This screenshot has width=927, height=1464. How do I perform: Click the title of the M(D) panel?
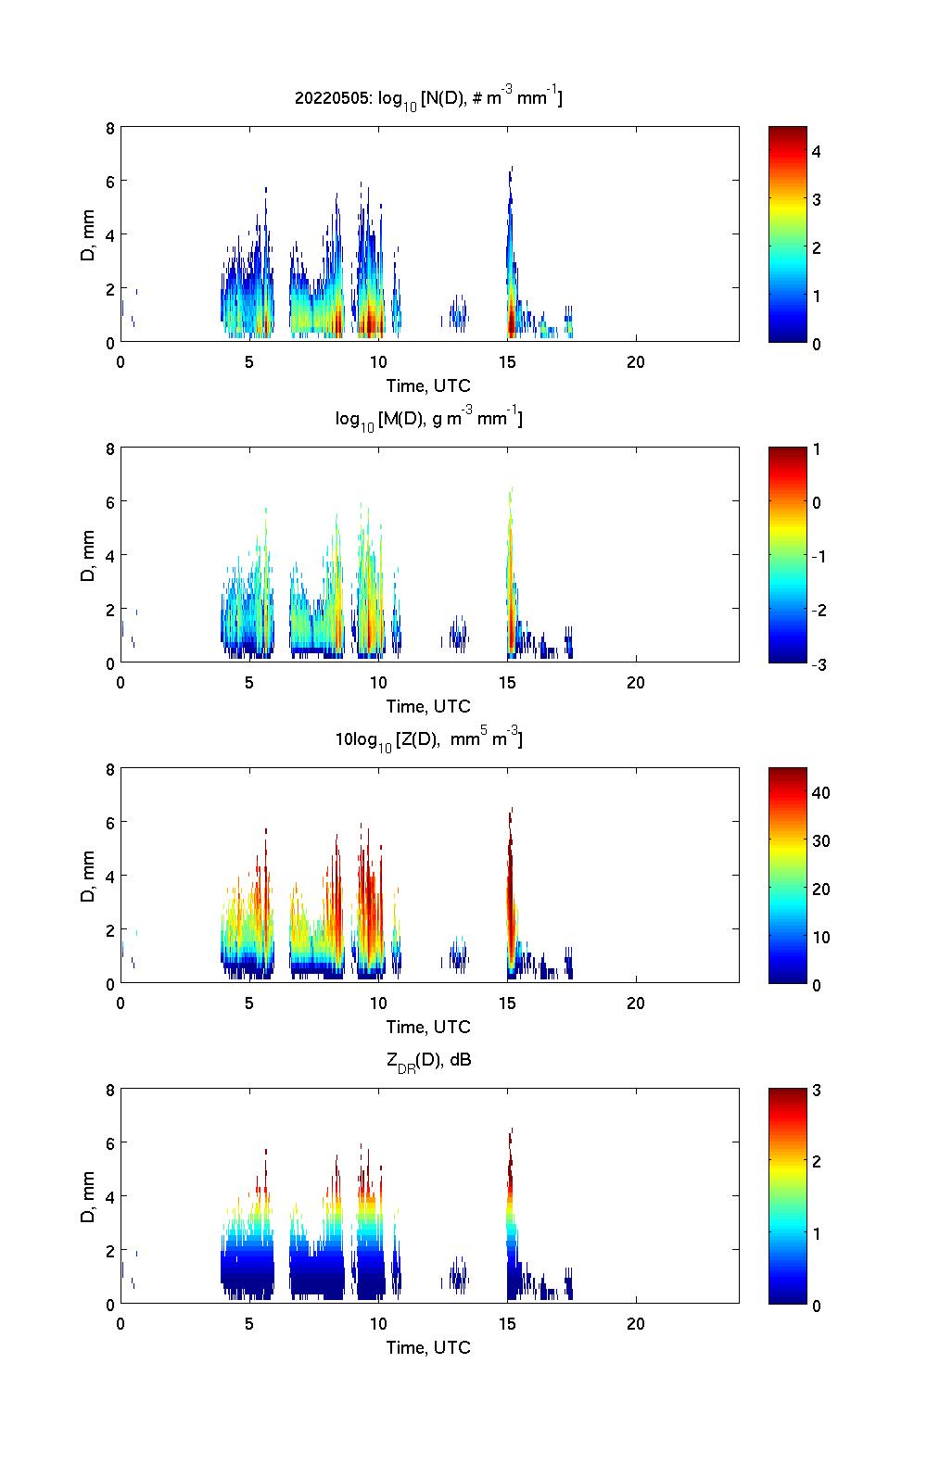click(428, 419)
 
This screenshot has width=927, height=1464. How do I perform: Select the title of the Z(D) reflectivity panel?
click(428, 739)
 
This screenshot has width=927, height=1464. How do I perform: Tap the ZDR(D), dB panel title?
click(428, 1060)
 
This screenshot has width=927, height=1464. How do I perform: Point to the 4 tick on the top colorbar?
click(817, 151)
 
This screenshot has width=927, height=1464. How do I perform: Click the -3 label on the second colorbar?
click(815, 663)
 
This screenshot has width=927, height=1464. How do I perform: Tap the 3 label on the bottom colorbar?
click(817, 1091)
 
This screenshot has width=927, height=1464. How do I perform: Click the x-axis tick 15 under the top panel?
click(506, 361)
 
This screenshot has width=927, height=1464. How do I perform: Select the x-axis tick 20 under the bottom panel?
click(635, 1323)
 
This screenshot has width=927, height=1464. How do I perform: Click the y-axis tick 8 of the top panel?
click(109, 128)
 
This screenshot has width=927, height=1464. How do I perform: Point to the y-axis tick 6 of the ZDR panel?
click(109, 1143)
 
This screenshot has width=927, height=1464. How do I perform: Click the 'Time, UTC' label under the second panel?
click(428, 706)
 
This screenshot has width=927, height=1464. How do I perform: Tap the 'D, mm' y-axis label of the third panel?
click(88, 876)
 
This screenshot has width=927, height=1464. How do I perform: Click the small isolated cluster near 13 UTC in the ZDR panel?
click(456, 1279)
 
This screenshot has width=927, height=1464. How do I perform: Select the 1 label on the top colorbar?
click(817, 296)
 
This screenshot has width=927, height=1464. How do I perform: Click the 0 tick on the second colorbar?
click(817, 503)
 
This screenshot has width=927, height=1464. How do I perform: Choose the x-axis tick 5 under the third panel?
click(248, 1003)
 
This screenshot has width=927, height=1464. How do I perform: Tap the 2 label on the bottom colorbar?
click(817, 1162)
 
